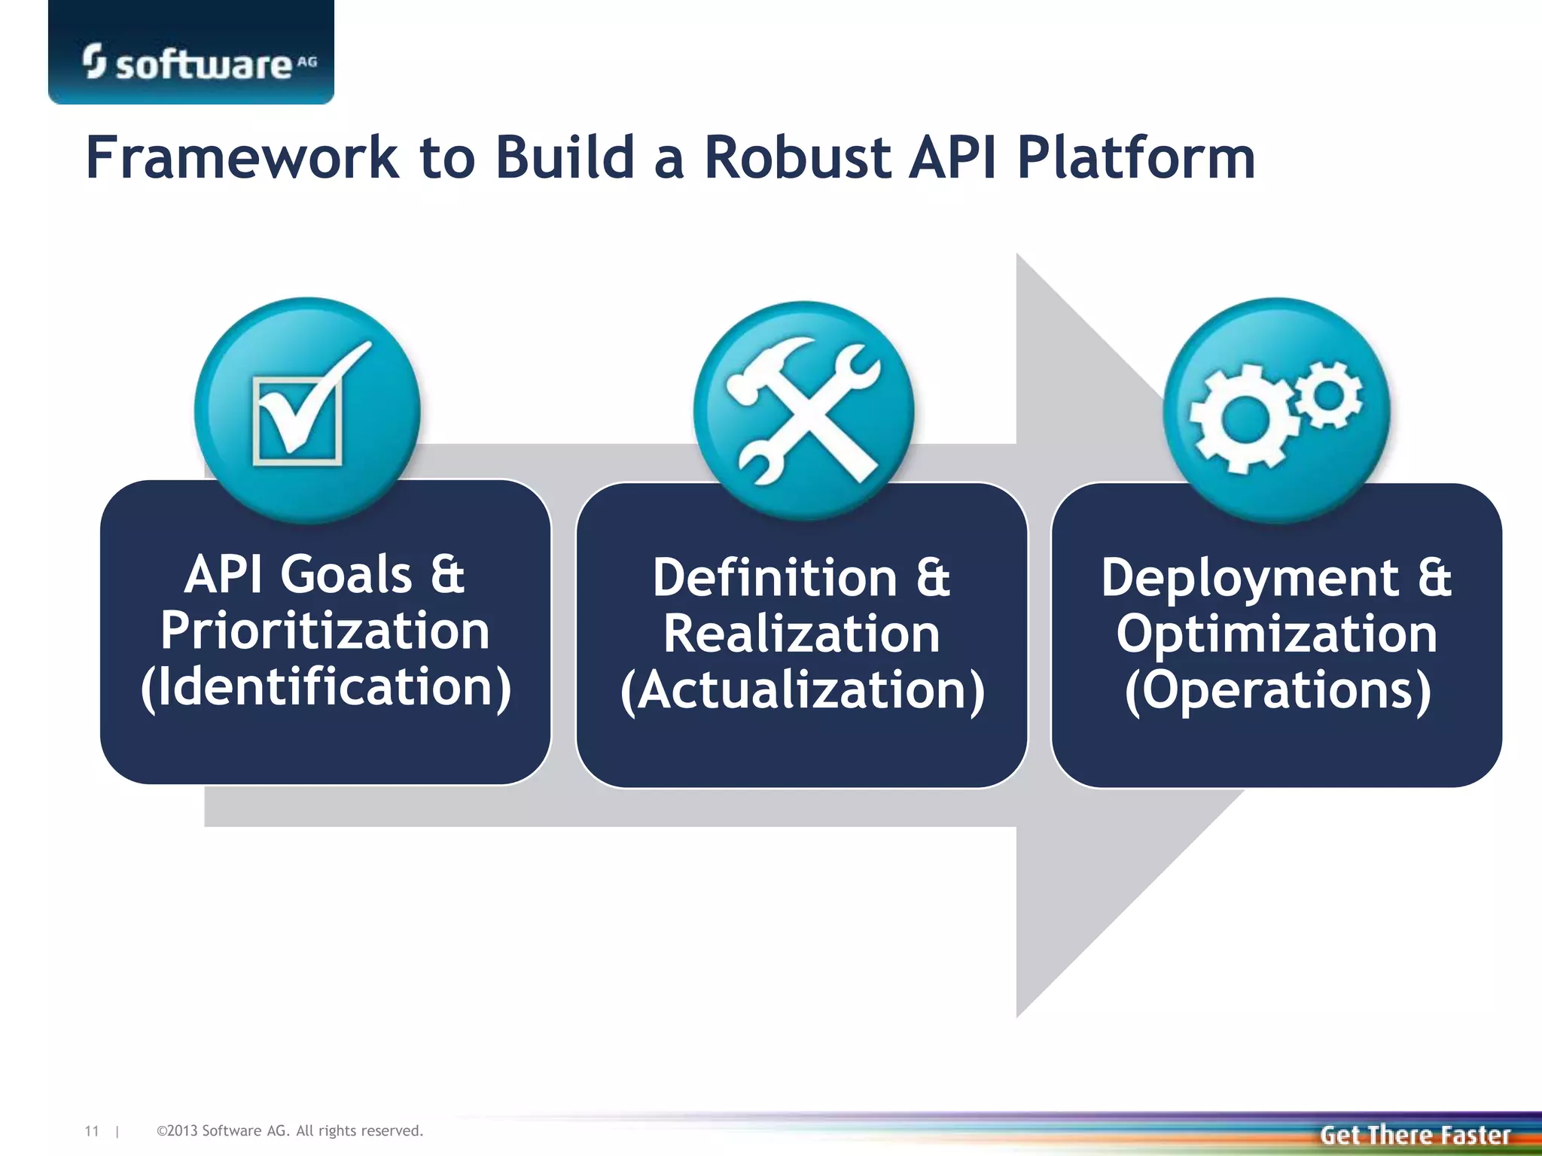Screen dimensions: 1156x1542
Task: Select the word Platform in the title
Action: [x=1135, y=158]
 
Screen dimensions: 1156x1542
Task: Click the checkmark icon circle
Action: [x=307, y=410]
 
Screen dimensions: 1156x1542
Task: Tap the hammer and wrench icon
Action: [x=804, y=410]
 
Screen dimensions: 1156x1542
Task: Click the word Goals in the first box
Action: [x=346, y=575]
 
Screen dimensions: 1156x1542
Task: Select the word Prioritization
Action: [x=325, y=631]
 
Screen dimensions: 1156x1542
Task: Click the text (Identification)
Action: [x=325, y=687]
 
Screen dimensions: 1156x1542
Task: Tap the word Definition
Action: [x=774, y=578]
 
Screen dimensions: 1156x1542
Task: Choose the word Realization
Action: [x=801, y=634]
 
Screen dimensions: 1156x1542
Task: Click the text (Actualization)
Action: [x=803, y=690]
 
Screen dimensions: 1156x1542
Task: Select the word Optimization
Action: [x=1277, y=634]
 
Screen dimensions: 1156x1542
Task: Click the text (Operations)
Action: [x=1277, y=690]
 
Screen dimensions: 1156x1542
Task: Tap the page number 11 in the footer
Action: [x=92, y=1131]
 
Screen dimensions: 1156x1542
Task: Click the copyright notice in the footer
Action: [x=290, y=1131]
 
